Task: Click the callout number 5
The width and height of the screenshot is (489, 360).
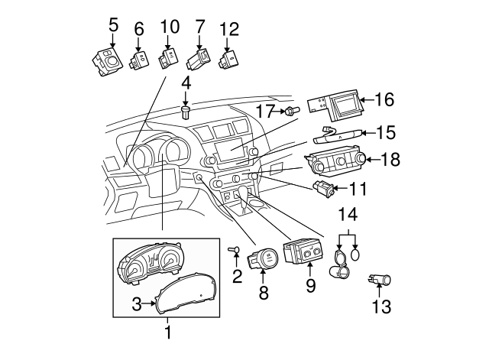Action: point(113,24)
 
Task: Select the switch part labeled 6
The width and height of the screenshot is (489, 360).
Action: point(139,60)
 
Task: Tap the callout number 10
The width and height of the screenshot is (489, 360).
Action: point(169,27)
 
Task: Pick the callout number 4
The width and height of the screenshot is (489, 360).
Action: point(186,81)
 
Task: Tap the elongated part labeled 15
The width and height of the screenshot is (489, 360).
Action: point(336,136)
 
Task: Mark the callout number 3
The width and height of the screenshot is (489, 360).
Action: point(136,304)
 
